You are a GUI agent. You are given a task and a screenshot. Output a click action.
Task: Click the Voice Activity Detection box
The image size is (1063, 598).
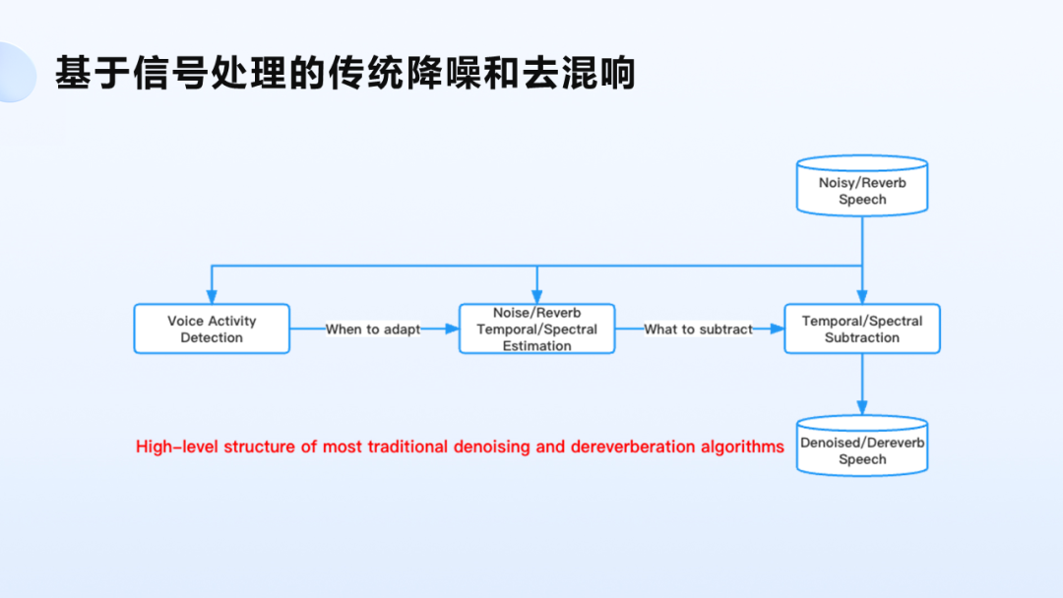[x=212, y=329]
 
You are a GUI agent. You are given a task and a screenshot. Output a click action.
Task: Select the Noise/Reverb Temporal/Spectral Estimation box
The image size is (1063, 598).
[x=536, y=329]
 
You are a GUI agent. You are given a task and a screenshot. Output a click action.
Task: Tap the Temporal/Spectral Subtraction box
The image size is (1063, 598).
[x=862, y=329]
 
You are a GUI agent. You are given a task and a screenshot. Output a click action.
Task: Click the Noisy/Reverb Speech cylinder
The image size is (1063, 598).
[x=862, y=186]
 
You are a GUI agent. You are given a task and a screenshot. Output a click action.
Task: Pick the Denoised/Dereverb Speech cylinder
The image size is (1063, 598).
[x=862, y=448]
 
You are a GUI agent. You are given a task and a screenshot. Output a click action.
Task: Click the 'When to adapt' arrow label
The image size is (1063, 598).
[x=373, y=329]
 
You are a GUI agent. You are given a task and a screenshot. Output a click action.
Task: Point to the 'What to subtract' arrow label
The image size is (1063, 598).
[x=698, y=329]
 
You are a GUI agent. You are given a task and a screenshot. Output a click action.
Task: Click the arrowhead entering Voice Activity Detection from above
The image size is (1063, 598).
[x=212, y=298]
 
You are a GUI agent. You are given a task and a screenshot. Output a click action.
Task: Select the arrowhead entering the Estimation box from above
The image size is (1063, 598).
[x=536, y=298]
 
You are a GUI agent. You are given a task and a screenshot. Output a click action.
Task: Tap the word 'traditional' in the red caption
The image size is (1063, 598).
[x=407, y=447]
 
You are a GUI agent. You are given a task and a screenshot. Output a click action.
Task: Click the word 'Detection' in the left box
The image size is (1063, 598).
[x=212, y=337]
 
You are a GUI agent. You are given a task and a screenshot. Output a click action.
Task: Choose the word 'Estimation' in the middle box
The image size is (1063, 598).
[x=536, y=346]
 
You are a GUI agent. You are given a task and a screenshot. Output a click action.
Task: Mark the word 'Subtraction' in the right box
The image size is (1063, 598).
[x=862, y=337]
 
